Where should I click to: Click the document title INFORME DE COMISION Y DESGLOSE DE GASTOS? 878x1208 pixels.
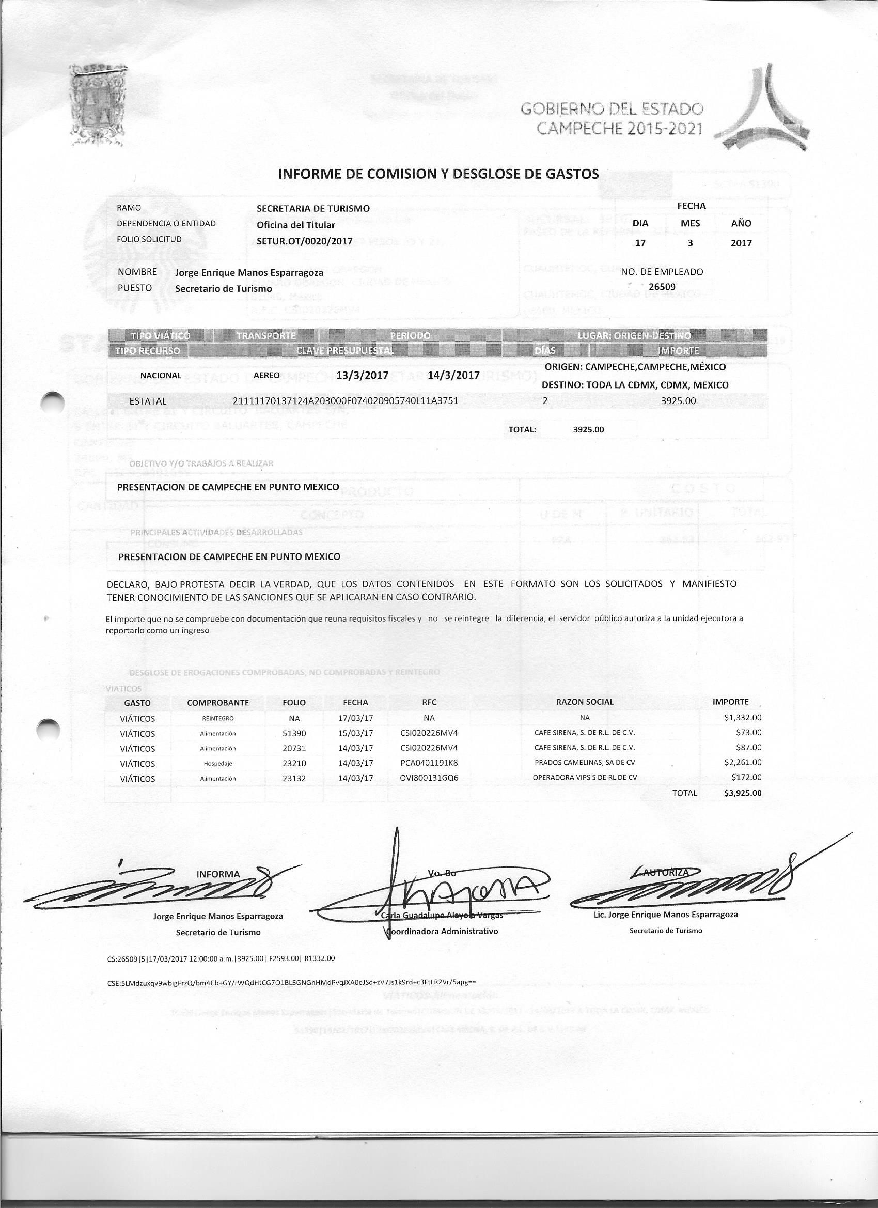click(438, 174)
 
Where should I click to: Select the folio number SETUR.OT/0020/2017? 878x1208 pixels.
click(305, 241)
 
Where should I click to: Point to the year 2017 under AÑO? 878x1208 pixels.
click(741, 243)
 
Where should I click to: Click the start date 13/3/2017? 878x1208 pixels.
click(363, 375)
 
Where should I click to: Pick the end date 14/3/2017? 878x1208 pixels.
click(453, 375)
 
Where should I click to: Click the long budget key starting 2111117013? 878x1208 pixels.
click(346, 400)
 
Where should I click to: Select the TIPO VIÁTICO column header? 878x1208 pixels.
click(160, 335)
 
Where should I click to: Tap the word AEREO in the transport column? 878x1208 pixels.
click(266, 375)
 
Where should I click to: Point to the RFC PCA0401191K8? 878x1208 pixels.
click(429, 763)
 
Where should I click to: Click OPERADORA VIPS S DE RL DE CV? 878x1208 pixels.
click(585, 778)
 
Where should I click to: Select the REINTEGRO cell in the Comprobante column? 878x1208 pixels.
click(218, 718)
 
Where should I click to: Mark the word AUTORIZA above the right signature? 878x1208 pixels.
click(666, 872)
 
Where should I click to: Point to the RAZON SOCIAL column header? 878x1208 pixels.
click(585, 702)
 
